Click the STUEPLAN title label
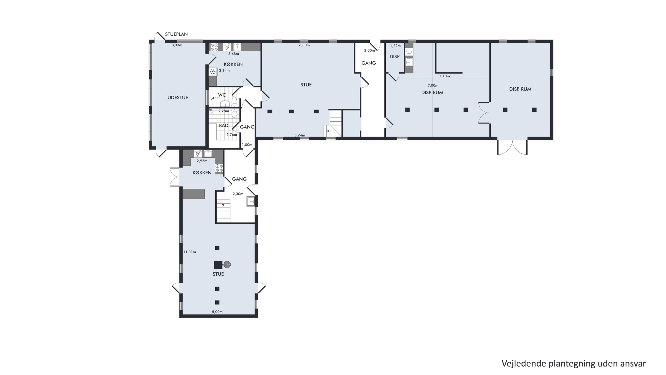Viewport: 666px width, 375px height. pyautogui.click(x=176, y=34)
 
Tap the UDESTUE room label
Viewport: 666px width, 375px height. pyautogui.click(x=178, y=98)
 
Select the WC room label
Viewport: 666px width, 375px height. pyautogui.click(x=222, y=95)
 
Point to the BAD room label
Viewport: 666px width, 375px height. pyautogui.click(x=224, y=126)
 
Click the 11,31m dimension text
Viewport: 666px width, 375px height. pyautogui.click(x=190, y=252)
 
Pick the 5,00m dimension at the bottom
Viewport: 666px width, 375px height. pyautogui.click(x=217, y=312)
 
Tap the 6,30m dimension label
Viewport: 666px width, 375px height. pyautogui.click(x=304, y=45)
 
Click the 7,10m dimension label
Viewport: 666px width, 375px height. pyautogui.click(x=444, y=76)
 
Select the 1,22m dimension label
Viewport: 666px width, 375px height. pyautogui.click(x=395, y=46)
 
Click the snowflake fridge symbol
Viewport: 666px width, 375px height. pyautogui.click(x=213, y=71)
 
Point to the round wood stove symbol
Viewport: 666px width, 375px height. pyautogui.click(x=227, y=265)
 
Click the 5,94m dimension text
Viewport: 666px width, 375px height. pyautogui.click(x=300, y=135)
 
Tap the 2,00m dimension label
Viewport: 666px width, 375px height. pyautogui.click(x=369, y=50)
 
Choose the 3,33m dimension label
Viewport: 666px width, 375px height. pyautogui.click(x=177, y=45)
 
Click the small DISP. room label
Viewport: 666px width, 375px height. pyautogui.click(x=394, y=57)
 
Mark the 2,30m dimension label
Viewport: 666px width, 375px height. pyautogui.click(x=238, y=194)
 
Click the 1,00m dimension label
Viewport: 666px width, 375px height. pyautogui.click(x=247, y=145)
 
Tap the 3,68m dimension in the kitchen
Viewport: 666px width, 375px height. pyautogui.click(x=234, y=54)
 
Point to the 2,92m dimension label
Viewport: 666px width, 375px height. pyautogui.click(x=202, y=161)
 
